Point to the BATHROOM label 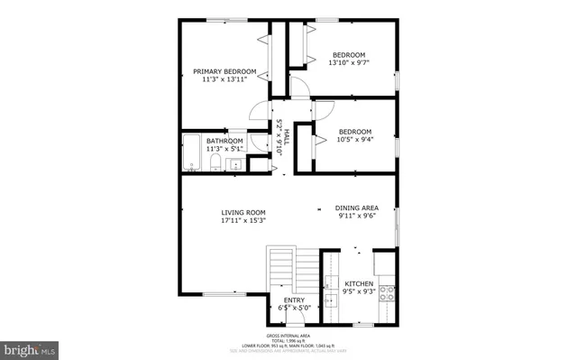pos(224,142)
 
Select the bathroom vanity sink pos(234,164)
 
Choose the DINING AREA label pos(357,208)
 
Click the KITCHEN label pos(359,283)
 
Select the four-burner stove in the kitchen pos(389,291)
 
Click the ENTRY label pos(294,300)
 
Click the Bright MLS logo pos(30,347)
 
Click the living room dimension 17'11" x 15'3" pos(243,220)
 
